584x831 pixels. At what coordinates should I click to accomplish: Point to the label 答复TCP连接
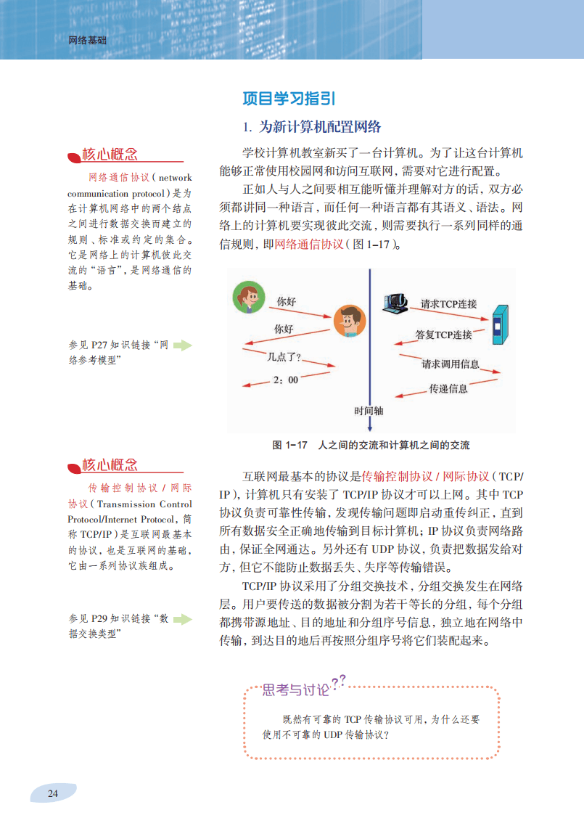443,335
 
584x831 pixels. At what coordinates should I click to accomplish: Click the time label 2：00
286,379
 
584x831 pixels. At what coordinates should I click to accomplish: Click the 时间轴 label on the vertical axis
369,411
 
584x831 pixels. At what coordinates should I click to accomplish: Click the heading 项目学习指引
289,99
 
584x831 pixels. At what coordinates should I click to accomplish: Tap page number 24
52,793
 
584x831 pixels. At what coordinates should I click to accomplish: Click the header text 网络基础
86,41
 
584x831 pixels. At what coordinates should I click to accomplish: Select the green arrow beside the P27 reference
182,345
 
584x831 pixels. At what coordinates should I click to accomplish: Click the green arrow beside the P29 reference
182,619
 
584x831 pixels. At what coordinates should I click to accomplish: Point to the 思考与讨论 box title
295,689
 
